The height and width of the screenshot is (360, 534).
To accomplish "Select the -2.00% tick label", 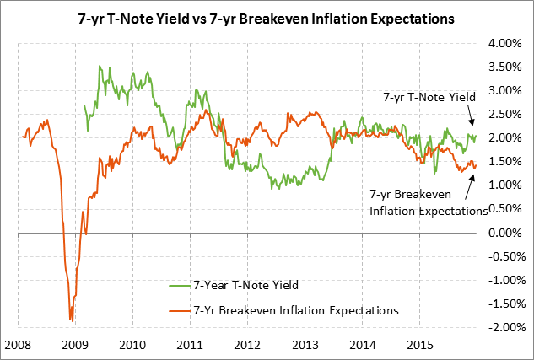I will coord(505,327).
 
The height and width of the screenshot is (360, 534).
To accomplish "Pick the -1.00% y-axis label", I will coord(505,280).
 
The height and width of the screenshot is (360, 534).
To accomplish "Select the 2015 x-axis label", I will coord(421,346).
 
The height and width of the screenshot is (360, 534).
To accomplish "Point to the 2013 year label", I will coord(305,346).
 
